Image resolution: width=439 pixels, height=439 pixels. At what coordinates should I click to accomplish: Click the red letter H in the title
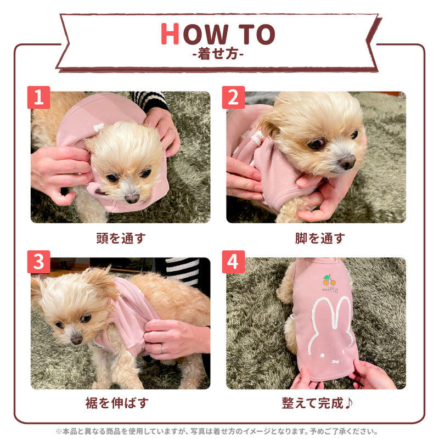coord(170,35)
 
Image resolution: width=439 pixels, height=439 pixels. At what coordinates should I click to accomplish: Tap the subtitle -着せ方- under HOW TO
coord(218,55)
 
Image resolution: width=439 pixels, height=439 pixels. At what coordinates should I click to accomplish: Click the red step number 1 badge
coord(38,98)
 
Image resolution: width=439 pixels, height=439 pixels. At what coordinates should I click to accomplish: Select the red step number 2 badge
coord(234,98)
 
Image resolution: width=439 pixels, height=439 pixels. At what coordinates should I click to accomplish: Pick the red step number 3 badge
coord(38,262)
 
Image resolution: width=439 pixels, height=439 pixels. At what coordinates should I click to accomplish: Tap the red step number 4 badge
coord(234,262)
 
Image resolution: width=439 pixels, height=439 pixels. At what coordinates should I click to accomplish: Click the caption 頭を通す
coord(120,238)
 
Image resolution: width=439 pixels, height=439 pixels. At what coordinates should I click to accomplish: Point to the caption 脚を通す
coord(320,238)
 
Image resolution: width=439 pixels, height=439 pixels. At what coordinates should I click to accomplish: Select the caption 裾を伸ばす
coord(120,403)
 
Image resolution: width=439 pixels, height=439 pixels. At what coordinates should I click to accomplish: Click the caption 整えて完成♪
coord(318,403)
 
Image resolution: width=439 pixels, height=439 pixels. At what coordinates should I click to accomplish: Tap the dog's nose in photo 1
coord(132,198)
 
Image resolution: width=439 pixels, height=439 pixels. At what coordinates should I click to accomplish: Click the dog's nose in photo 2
coord(346,162)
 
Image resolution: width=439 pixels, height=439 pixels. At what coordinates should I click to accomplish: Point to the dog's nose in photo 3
coord(76,339)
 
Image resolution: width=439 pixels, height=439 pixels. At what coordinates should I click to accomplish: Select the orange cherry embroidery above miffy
coord(329,280)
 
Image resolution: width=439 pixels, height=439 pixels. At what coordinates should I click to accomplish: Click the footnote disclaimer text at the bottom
coord(219,431)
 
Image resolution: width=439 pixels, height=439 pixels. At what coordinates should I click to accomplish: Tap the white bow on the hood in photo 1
coord(99,127)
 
